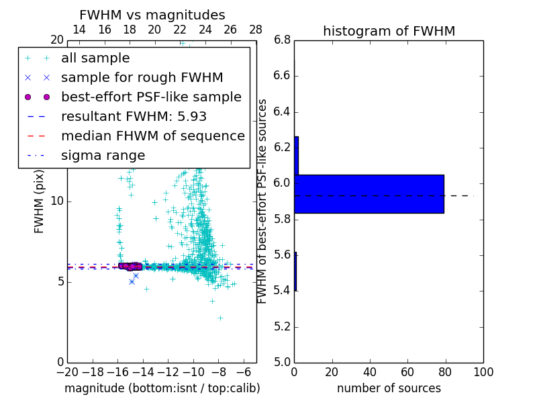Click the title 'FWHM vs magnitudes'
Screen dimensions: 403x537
pyautogui.click(x=152, y=15)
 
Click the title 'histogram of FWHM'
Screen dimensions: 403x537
pyautogui.click(x=389, y=32)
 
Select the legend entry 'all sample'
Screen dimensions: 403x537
pyautogui.click(x=95, y=58)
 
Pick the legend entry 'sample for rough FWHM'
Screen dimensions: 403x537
pyautogui.click(x=142, y=78)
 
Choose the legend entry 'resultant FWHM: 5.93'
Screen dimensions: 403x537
pyautogui.click(x=134, y=117)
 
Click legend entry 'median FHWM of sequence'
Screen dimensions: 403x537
pyautogui.click(x=152, y=136)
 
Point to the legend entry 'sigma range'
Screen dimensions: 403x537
pyautogui.click(x=103, y=156)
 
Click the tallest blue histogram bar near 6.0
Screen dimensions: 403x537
pyautogui.click(x=369, y=193)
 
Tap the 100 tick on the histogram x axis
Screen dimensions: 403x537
pyautogui.click(x=483, y=371)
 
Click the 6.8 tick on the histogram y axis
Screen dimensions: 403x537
pyautogui.click(x=282, y=40)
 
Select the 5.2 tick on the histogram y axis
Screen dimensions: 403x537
pyautogui.click(x=282, y=326)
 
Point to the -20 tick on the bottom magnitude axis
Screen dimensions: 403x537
pyautogui.click(x=67, y=371)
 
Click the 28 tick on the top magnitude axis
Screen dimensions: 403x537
pyautogui.click(x=256, y=30)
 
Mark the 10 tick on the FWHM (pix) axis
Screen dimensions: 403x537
pyautogui.click(x=56, y=201)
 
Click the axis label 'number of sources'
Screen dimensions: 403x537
pyautogui.click(x=389, y=388)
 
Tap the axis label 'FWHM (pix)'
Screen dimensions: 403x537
pyautogui.click(x=40, y=201)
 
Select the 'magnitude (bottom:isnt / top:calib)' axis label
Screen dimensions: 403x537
pyautogui.click(x=162, y=388)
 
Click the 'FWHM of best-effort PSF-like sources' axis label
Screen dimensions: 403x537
pyautogui.click(x=263, y=201)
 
